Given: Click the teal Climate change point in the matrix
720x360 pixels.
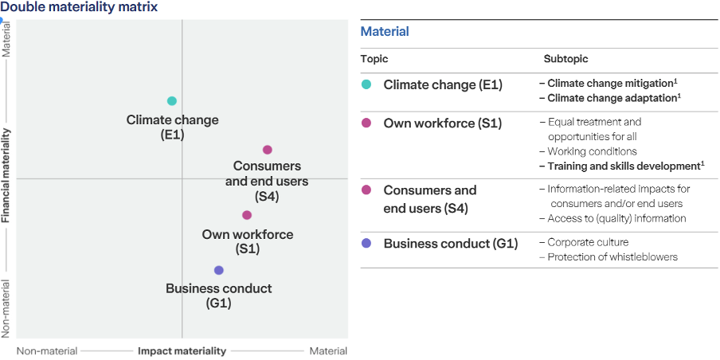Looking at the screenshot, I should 171,101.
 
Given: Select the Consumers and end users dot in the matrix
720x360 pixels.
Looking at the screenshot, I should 268,150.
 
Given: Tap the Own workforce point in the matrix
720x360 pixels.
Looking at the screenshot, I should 247,215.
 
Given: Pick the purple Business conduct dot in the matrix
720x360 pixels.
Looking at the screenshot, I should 219,271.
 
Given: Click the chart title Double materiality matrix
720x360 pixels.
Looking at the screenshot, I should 79,7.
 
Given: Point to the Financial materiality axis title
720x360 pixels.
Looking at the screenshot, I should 6,175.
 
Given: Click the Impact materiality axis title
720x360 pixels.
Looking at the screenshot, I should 182,351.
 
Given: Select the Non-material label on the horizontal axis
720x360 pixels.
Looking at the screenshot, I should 47,351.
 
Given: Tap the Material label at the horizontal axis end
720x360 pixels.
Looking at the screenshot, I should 328,351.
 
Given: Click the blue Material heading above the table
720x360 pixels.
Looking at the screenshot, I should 385,32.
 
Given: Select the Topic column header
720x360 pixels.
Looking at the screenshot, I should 374,59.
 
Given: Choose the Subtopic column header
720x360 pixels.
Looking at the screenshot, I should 565,59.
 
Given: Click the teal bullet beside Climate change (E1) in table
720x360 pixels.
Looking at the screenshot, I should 366,84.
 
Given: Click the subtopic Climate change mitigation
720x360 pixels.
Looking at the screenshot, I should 609,83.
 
